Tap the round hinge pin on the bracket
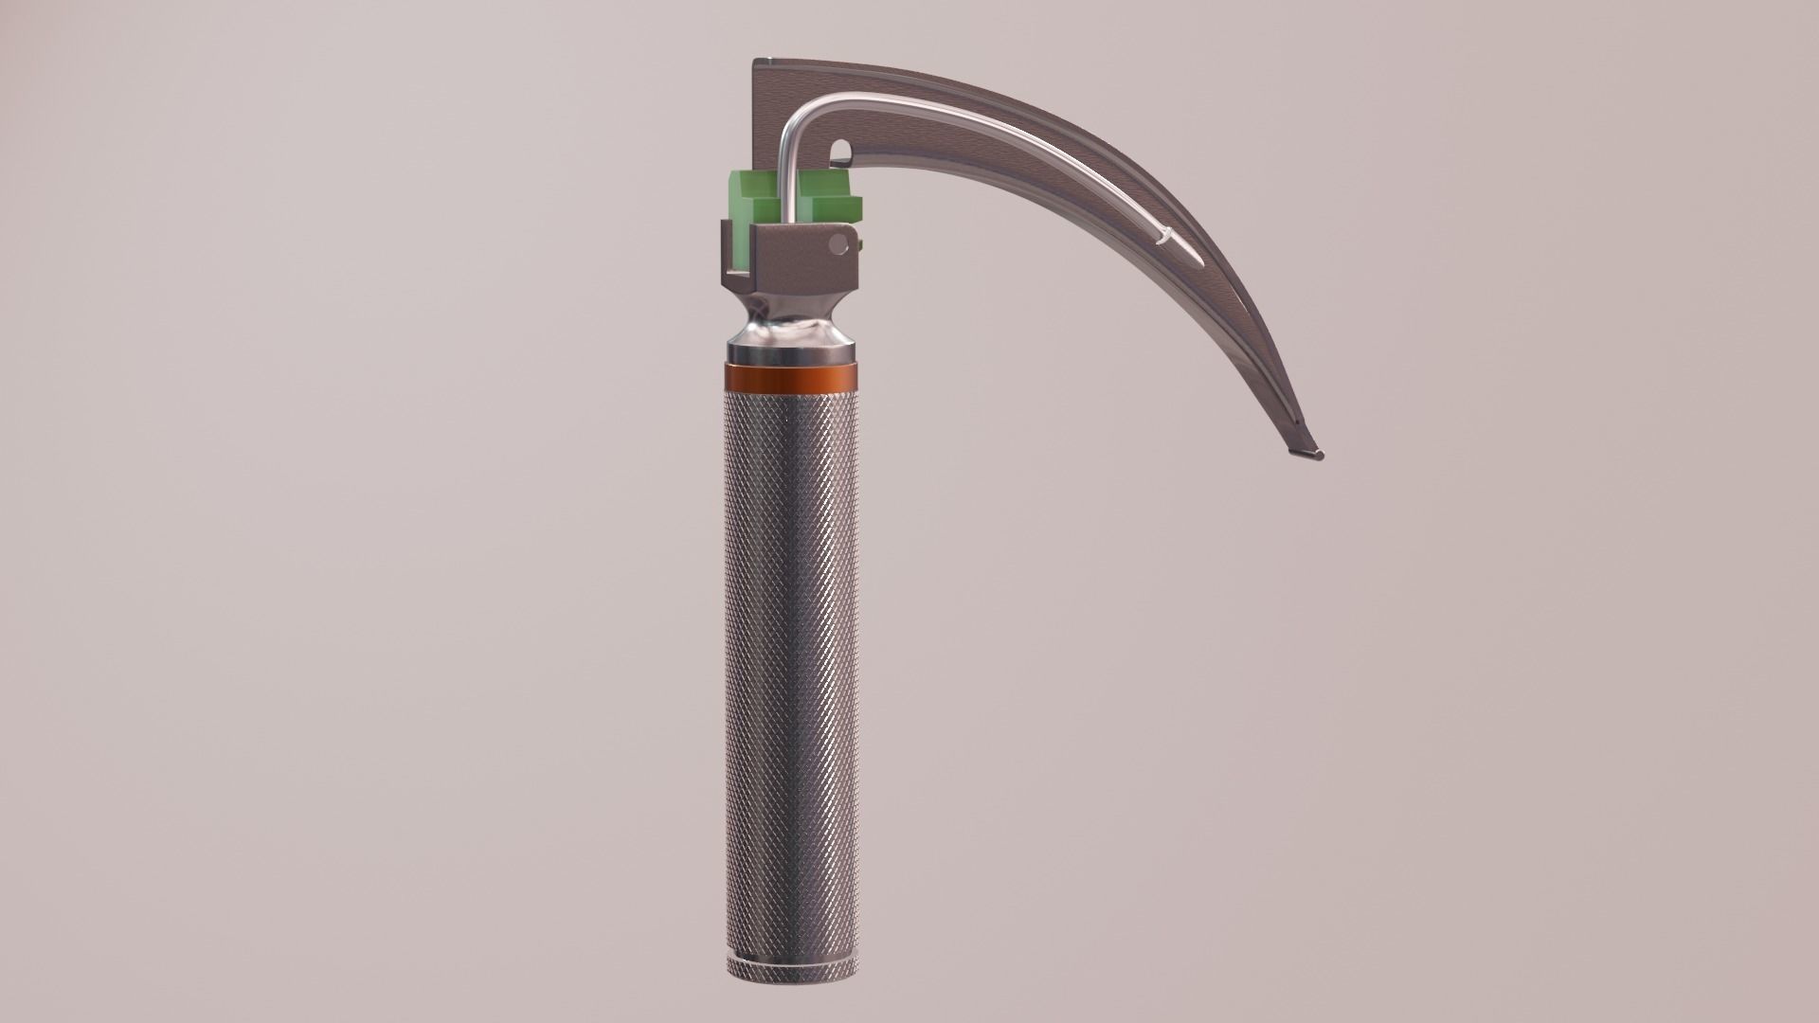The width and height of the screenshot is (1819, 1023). pyautogui.click(x=837, y=244)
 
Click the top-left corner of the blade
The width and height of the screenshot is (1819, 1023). pyautogui.click(x=756, y=63)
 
